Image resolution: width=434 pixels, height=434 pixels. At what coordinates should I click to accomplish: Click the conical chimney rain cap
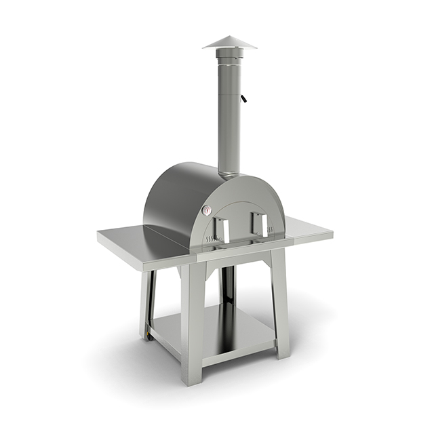pos(230,43)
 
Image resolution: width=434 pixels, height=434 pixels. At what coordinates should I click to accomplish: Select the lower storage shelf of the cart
pos(217,332)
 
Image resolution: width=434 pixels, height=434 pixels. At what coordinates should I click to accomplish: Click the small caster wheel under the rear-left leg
pos(146,336)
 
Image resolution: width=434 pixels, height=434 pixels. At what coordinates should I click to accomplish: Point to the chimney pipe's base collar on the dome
pos(229,175)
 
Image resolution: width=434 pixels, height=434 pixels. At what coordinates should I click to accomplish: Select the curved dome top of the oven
pos(183,186)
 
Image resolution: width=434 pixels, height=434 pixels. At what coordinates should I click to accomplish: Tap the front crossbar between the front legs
pos(237,256)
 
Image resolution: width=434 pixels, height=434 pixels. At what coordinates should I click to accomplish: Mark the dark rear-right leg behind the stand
pos(229,285)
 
